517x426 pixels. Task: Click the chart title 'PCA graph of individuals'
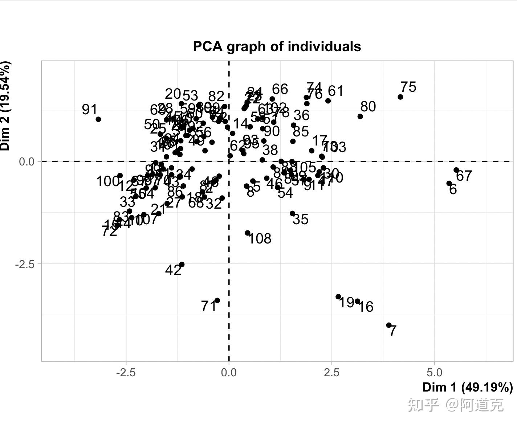277,46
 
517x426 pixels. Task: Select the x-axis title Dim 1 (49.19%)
468,387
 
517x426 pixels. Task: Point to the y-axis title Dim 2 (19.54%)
5,106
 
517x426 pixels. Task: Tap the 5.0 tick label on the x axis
434,372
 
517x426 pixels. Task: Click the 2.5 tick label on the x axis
331,372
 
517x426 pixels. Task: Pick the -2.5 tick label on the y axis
25,264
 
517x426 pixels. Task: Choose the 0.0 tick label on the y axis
27,161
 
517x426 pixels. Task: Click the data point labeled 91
98,119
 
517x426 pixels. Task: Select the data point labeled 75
400,97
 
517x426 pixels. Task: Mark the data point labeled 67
456,170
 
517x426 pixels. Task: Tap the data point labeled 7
389,325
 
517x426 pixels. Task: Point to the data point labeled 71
217,300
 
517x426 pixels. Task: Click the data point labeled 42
182,265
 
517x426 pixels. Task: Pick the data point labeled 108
248,233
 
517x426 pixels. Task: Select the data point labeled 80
360,116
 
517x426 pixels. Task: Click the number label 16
366,307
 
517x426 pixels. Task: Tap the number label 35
301,220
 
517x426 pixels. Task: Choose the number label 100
108,181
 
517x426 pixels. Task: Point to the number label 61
336,91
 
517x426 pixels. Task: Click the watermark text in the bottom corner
456,405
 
